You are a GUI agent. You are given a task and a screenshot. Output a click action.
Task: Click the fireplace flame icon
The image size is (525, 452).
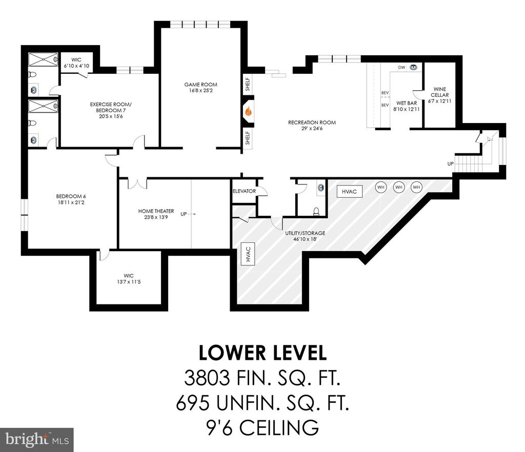coord(248,111)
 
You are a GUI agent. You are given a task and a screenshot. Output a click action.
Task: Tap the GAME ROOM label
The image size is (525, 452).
coord(201,85)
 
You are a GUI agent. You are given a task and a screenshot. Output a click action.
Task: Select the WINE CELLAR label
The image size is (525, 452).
coord(439,92)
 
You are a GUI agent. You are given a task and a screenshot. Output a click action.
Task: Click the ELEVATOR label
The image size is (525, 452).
coord(245,191)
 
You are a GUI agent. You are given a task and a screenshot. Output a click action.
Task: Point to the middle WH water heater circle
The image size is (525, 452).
coord(398,187)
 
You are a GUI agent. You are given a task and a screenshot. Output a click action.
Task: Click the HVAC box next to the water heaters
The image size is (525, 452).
coord(349,192)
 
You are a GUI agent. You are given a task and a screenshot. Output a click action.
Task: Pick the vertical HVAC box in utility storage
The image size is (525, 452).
coord(248,254)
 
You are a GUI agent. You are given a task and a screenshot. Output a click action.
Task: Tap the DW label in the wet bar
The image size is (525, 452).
coord(402,67)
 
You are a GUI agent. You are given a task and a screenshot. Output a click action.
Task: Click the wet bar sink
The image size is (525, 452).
coord(414,67)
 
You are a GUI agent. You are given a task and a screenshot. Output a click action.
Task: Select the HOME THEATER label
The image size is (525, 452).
coord(156,211)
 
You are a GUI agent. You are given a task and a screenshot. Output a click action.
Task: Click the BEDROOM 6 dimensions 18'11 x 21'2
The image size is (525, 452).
coord(71,202)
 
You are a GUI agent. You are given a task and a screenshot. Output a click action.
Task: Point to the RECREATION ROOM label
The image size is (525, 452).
coord(312,122)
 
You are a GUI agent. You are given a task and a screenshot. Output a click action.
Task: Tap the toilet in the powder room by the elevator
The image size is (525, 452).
coord(316,211)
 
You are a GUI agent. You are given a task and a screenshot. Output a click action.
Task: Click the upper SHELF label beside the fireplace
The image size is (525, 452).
coord(248,85)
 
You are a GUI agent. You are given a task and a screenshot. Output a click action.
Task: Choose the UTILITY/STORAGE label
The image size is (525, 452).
coord(305,233)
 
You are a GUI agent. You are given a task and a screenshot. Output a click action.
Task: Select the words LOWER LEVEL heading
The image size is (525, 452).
coord(262,353)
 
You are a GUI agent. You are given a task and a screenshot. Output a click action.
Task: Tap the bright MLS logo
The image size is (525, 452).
coord(37,440)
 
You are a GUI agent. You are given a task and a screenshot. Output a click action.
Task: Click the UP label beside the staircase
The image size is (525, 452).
coord(450,163)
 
